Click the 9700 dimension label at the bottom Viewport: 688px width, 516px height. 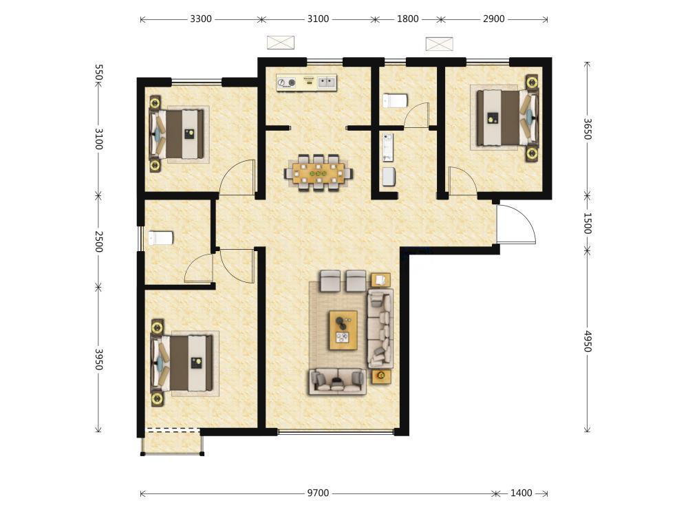[x=318, y=493]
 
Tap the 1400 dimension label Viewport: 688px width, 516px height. [x=521, y=493]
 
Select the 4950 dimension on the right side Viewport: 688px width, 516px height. [x=588, y=341]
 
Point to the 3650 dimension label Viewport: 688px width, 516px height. [x=588, y=129]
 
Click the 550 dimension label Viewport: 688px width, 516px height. [x=98, y=72]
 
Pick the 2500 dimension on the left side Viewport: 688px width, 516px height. [x=98, y=241]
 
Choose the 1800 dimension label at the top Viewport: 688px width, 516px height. [x=407, y=19]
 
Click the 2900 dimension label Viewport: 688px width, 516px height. [x=493, y=19]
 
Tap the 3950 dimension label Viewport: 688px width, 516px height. [x=98, y=359]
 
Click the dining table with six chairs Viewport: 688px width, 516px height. [x=319, y=173]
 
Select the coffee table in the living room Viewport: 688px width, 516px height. [x=343, y=330]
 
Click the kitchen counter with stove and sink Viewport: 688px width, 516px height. [x=306, y=83]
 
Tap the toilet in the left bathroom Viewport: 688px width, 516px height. [x=160, y=238]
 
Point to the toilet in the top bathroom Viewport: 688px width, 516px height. [x=395, y=100]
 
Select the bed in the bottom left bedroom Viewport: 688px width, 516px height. [x=182, y=363]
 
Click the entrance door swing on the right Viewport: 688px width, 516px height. [x=516, y=224]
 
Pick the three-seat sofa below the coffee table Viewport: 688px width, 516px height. [x=337, y=382]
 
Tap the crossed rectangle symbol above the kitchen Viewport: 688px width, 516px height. [x=281, y=43]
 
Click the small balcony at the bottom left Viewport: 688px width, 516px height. [x=172, y=442]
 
